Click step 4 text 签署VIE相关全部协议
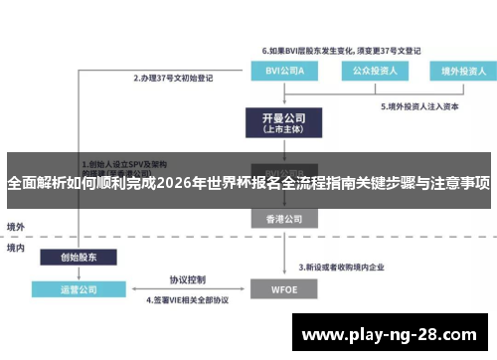[188, 299]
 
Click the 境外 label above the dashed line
[16, 227]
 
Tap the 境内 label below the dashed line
[16, 248]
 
